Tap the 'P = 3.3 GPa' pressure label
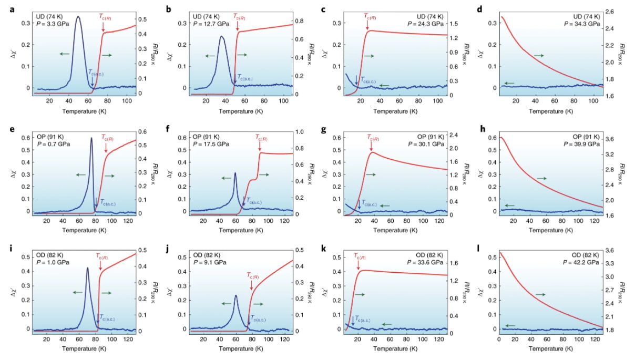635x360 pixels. (x=54, y=24)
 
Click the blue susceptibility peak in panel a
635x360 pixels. (x=78, y=17)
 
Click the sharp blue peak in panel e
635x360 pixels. (x=91, y=138)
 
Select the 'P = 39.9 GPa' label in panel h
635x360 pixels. (x=580, y=143)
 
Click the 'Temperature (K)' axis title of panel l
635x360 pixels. (x=551, y=348)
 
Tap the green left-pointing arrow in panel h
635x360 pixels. (x=509, y=205)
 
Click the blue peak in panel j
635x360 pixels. (x=235, y=296)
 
